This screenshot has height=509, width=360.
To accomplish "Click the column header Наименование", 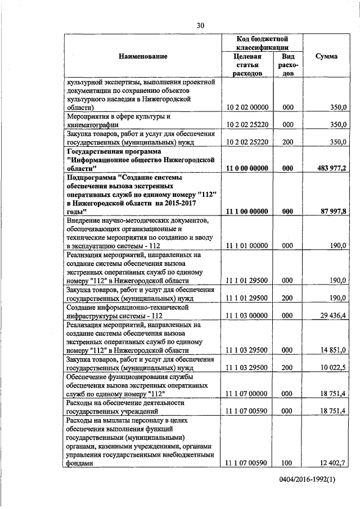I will (x=143, y=56).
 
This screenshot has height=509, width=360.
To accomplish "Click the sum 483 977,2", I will (x=330, y=168).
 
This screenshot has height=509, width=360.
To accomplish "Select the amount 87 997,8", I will (x=332, y=211).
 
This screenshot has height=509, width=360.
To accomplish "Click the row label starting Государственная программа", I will (x=141, y=160).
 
